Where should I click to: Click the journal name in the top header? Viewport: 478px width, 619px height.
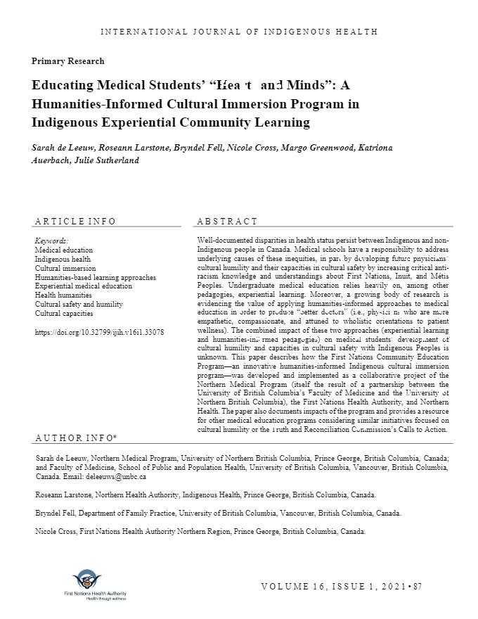coord(239,32)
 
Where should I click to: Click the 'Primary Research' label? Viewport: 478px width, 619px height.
coord(67,61)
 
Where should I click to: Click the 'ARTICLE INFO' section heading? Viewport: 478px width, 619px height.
coord(75,222)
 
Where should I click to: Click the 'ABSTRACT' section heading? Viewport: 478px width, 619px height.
coord(227,222)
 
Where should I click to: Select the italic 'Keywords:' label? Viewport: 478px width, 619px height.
coord(51,241)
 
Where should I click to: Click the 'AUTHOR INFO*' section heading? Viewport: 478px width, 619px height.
coord(76,439)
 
